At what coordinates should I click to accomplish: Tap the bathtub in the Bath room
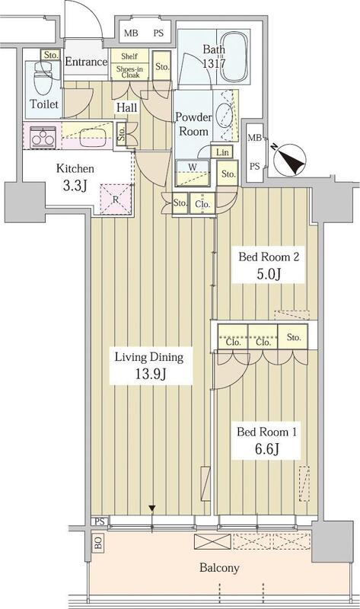(x=234, y=56)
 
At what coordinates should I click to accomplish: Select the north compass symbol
(x=290, y=159)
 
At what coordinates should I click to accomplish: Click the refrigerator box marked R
(x=116, y=199)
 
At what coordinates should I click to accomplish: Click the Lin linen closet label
(x=222, y=151)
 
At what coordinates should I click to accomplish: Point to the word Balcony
(x=219, y=568)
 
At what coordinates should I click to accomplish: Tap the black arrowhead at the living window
(x=152, y=508)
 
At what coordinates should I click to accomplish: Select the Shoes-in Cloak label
(x=129, y=72)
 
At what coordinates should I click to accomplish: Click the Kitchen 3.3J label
(x=75, y=177)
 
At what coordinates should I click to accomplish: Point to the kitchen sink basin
(x=93, y=137)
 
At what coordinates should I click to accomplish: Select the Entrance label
(x=86, y=62)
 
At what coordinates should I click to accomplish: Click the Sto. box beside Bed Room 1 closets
(x=293, y=337)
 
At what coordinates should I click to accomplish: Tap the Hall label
(x=127, y=107)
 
